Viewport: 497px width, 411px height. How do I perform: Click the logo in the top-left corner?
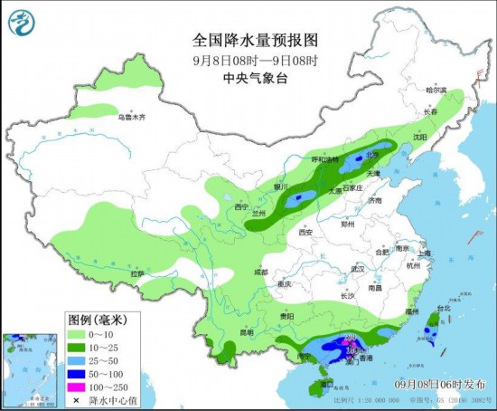(21, 20)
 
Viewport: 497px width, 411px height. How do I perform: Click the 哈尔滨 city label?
(436, 91)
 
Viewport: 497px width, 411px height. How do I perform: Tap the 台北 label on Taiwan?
(443, 309)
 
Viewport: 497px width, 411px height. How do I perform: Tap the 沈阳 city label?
(418, 138)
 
